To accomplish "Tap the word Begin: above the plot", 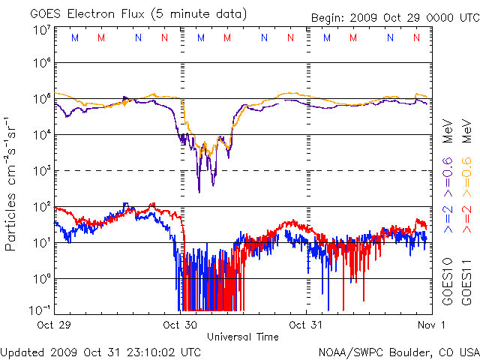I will click(x=329, y=18).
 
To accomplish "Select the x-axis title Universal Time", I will click(x=242, y=337).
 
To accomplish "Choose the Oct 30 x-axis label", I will click(x=180, y=325).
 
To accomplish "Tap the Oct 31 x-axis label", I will click(x=307, y=325).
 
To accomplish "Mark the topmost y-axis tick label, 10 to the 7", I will click(x=40, y=30).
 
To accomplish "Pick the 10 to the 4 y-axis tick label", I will click(x=40, y=135).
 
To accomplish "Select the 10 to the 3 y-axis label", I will click(x=40, y=171).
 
